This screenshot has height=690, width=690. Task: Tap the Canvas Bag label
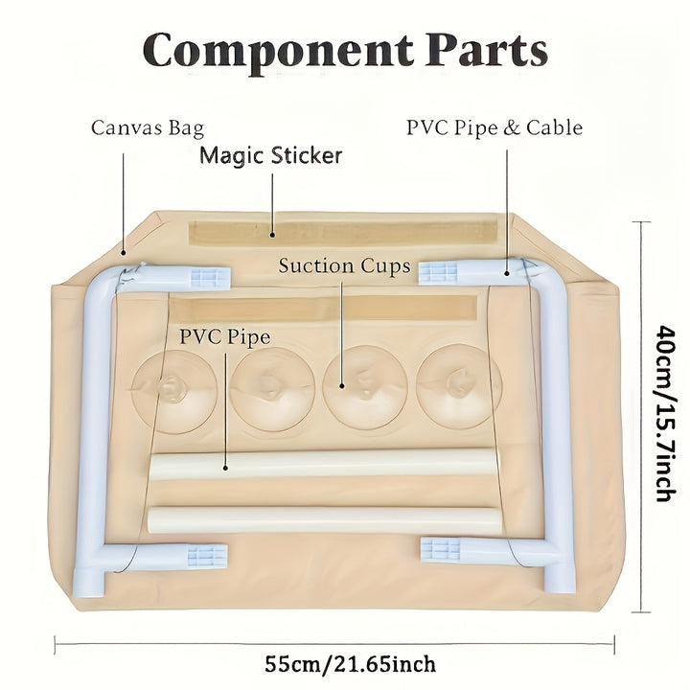click(148, 127)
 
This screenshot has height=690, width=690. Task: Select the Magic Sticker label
click(270, 155)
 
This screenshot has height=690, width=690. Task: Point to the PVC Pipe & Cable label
click(494, 127)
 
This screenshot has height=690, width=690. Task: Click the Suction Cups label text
click(344, 265)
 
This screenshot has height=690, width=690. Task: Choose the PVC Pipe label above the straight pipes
click(224, 337)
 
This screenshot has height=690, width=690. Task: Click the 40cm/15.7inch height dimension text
click(662, 412)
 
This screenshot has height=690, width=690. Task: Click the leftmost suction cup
click(174, 387)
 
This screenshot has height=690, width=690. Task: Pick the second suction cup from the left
click(272, 387)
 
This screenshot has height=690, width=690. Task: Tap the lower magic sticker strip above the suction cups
click(326, 309)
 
